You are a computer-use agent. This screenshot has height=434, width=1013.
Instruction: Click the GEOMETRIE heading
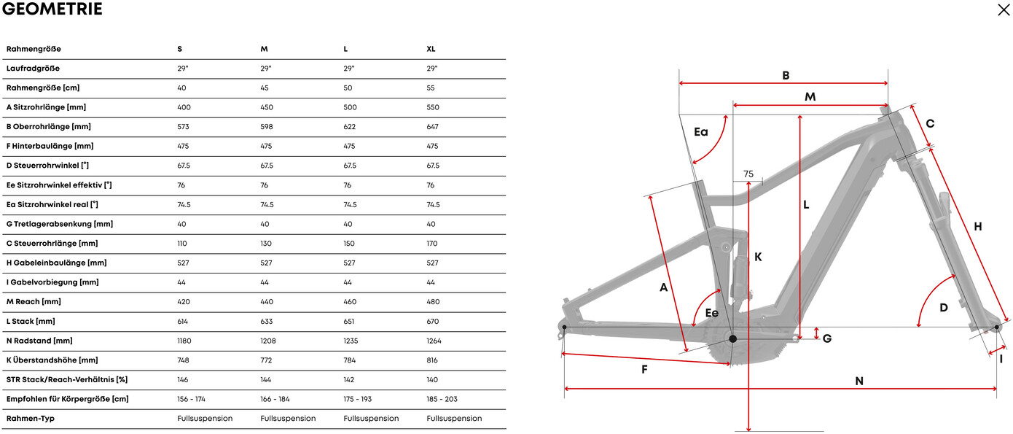[x=52, y=9]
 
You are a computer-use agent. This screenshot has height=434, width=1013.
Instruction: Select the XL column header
[x=431, y=49]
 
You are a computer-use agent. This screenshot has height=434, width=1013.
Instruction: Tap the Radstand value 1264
[x=434, y=341]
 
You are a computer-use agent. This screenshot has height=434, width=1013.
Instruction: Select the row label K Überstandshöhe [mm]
[x=52, y=360]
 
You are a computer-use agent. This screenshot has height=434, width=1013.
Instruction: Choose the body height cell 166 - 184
[x=275, y=399]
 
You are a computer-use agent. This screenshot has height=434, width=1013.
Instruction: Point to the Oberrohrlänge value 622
[x=350, y=127]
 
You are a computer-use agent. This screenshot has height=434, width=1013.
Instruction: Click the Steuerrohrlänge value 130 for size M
[x=267, y=244]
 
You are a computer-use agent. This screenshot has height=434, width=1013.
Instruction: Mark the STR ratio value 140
[x=433, y=380]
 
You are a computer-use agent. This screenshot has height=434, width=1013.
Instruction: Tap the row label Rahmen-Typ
[x=30, y=419]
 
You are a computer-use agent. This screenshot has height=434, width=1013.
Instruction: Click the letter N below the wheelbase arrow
[x=858, y=381]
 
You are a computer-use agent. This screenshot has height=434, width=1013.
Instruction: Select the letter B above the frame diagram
[x=786, y=75]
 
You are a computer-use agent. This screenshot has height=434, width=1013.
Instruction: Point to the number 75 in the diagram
[x=748, y=174]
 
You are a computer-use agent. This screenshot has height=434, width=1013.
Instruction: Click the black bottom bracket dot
[x=732, y=338]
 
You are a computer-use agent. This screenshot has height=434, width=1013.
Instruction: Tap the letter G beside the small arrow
[x=827, y=338]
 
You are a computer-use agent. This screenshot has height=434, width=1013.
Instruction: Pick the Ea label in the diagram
[x=700, y=132]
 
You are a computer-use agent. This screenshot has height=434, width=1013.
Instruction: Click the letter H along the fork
[x=977, y=227]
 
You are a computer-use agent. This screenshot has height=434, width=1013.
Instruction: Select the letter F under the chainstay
[x=644, y=369]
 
